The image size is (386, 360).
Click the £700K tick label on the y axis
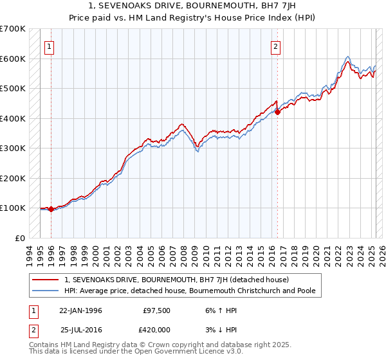tap(12, 29)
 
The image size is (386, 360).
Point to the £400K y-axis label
tap(12, 118)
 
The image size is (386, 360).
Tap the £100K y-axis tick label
tap(12, 208)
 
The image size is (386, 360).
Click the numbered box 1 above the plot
tap(50, 46)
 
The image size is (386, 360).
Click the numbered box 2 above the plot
tap(275, 46)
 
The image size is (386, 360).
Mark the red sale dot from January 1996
tap(51, 209)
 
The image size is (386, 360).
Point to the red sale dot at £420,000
tap(277, 113)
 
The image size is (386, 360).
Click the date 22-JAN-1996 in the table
tap(80, 310)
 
